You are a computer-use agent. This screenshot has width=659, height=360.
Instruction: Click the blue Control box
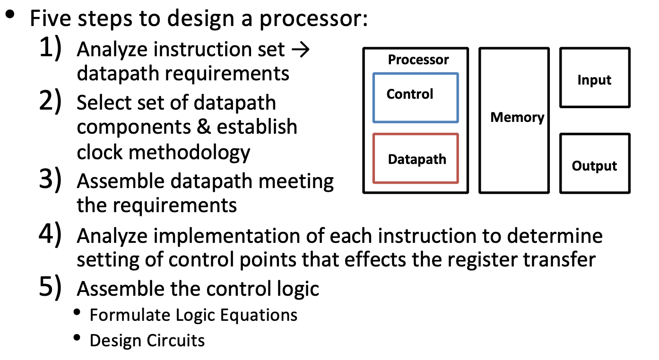(415, 98)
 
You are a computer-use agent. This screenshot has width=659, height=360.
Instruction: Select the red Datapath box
(415, 159)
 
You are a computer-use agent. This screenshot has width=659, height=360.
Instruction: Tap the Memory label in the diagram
(517, 117)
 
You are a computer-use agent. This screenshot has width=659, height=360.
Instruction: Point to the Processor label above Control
(418, 60)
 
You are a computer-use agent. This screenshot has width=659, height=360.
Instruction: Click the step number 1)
(51, 49)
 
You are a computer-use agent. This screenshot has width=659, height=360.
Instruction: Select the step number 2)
(51, 103)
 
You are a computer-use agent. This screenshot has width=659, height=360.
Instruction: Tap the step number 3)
(51, 181)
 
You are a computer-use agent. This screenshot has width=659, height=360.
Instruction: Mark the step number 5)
(51, 288)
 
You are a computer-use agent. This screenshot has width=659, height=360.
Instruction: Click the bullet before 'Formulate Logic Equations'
(77, 313)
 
